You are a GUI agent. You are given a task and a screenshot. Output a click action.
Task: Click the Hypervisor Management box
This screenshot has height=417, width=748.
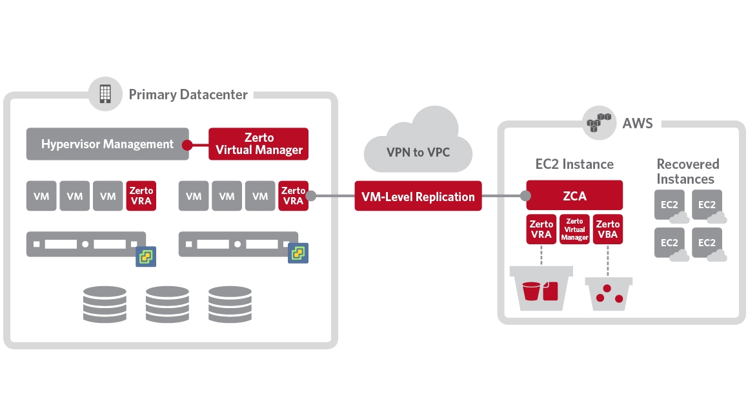tap(107, 144)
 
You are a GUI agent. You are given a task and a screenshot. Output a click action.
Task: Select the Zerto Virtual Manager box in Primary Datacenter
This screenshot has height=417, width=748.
tap(259, 144)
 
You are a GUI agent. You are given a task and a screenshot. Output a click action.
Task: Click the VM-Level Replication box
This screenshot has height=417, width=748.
tap(418, 197)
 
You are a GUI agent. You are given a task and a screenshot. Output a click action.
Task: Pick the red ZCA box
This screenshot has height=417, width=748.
tap(574, 195)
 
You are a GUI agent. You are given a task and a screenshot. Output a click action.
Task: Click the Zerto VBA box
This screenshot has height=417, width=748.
tap(607, 229)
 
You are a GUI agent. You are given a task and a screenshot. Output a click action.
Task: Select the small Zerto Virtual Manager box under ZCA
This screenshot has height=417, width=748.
tap(574, 229)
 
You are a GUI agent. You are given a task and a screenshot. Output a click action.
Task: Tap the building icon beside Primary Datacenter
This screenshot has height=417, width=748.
tap(105, 94)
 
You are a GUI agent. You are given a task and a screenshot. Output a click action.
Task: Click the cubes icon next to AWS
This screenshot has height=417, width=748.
tap(598, 122)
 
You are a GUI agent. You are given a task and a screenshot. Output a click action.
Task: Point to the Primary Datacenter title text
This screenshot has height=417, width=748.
tap(188, 95)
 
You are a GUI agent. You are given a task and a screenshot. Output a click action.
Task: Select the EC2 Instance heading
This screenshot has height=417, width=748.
tap(574, 164)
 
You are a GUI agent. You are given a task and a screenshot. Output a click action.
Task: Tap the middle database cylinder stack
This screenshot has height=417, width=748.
tap(167, 304)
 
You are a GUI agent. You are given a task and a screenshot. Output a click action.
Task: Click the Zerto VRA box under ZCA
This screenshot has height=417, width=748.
tap(541, 229)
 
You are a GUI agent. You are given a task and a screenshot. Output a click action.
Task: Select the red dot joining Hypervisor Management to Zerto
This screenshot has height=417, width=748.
tap(187, 144)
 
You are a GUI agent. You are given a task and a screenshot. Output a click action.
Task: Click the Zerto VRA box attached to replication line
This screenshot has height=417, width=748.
tap(293, 195)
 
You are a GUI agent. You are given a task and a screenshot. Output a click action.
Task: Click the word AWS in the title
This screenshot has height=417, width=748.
tap(638, 122)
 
